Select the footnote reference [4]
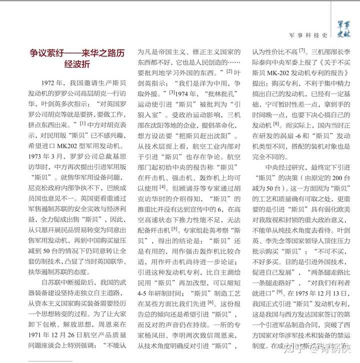[162, 187]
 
